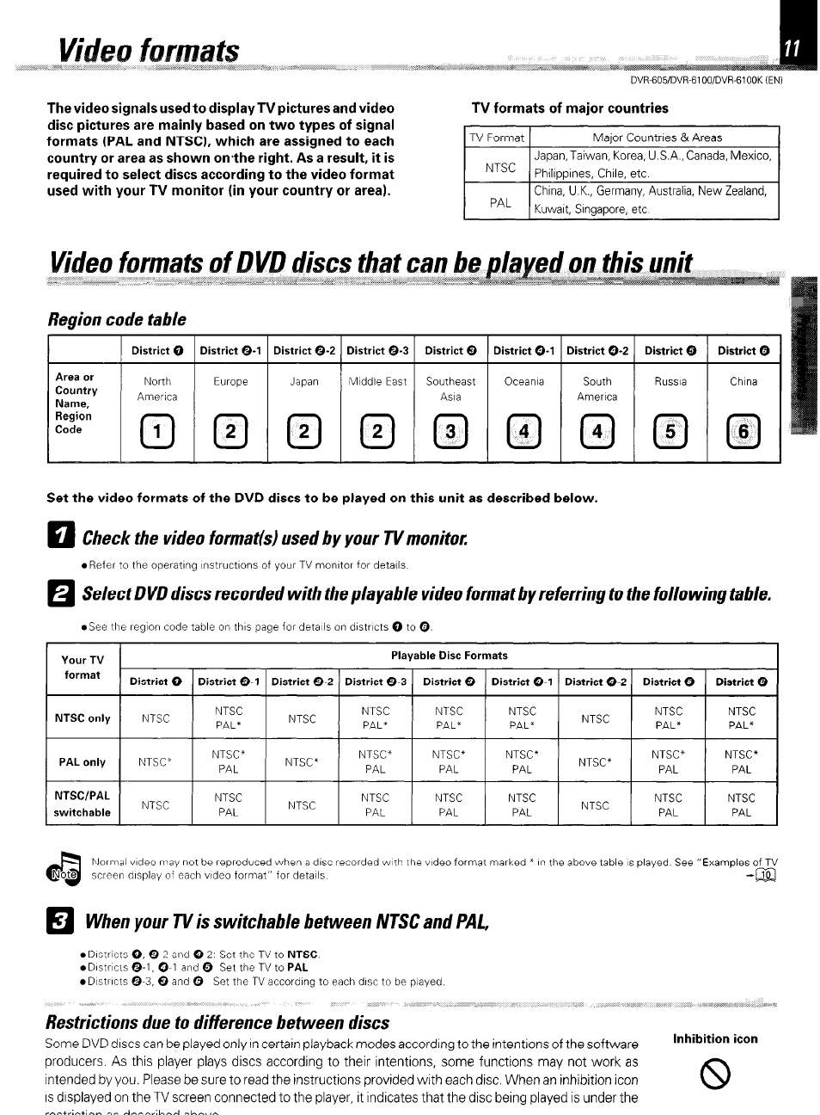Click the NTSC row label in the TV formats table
coord(499,168)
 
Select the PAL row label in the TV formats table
coord(499,203)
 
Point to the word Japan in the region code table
coord(303,382)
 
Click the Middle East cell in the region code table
coord(377,382)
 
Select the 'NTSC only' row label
coord(83,718)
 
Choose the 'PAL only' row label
coord(83,762)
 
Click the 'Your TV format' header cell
coord(83,668)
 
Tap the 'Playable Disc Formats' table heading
coord(449,656)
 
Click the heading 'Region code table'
coord(117,320)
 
